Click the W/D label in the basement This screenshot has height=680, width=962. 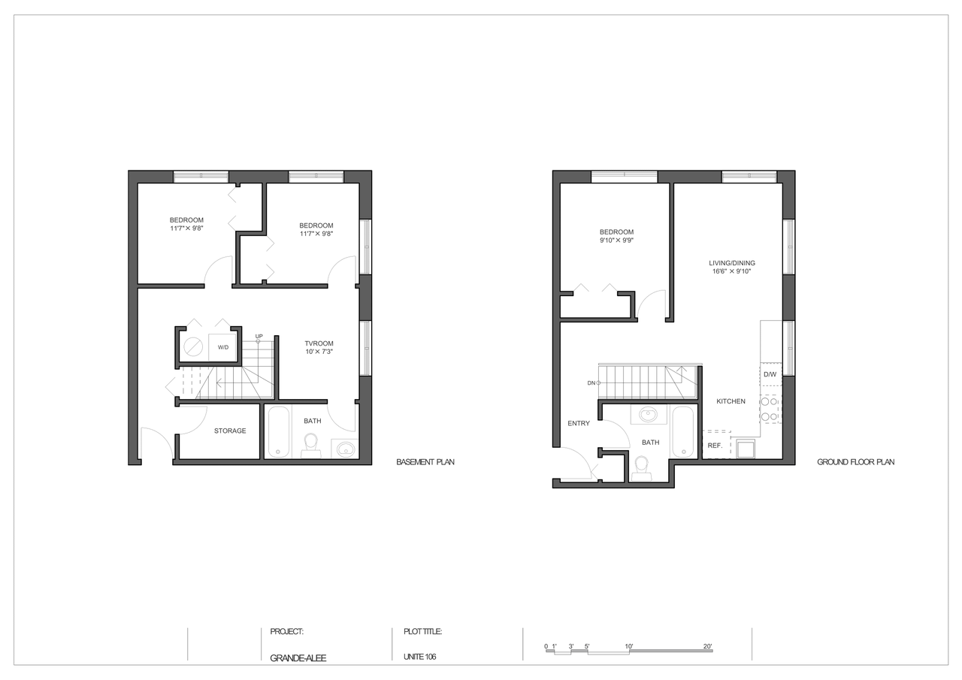coord(223,347)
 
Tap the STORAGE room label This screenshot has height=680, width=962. coord(230,431)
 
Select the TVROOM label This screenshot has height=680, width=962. coord(319,343)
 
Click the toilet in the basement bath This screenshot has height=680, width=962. coord(310,445)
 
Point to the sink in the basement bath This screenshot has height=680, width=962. coord(345,449)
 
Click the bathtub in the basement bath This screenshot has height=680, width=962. coord(279,431)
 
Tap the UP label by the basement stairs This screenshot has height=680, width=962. coord(259,336)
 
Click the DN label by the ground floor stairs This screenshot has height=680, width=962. coord(591,383)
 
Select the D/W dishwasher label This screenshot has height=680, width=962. coord(770,374)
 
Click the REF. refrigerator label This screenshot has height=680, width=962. coord(715,446)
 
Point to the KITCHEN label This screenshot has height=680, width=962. coord(731,401)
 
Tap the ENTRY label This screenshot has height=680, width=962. coord(579,423)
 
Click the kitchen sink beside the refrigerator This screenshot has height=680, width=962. coord(746,448)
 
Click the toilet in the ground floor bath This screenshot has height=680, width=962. coord(641,468)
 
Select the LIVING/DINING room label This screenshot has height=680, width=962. coord(732,263)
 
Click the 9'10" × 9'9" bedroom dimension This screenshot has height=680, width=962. coord(617,240)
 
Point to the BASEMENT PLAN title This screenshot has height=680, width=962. coord(425,462)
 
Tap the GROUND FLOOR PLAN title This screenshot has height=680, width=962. coord(856,462)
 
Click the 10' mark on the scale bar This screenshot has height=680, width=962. coord(629,646)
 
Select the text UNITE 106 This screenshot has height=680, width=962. coord(419,657)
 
